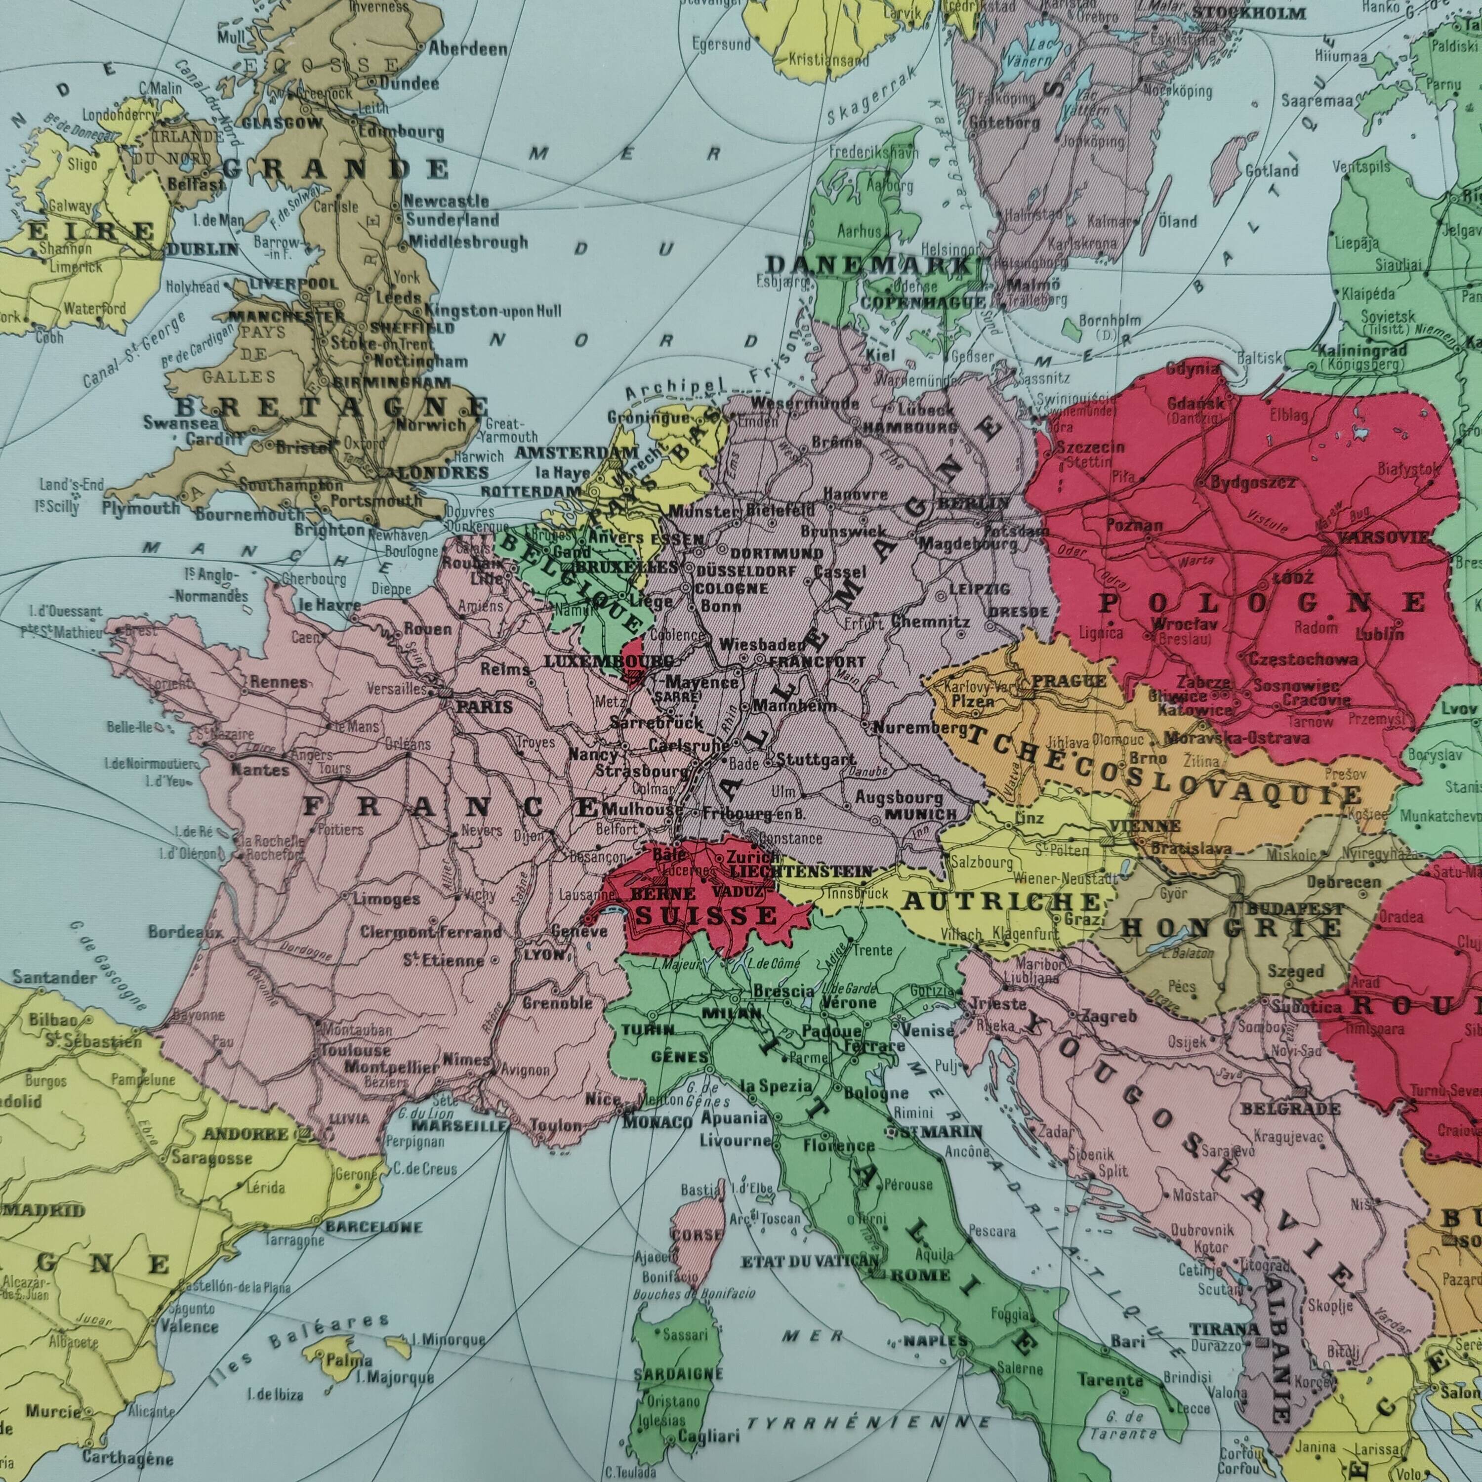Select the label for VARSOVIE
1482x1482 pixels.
(x=1383, y=537)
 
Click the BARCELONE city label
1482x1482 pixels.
(x=373, y=1227)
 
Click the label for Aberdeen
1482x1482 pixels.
(x=467, y=49)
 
